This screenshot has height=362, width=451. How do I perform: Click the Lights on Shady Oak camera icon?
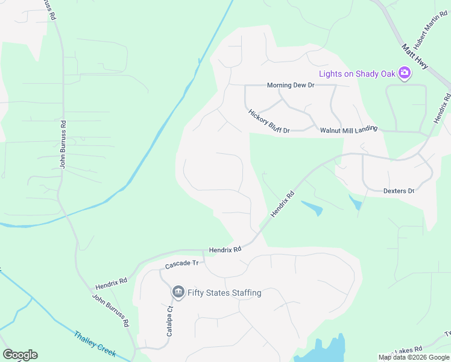[405, 74]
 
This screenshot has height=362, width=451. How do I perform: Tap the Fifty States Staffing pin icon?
[178, 293]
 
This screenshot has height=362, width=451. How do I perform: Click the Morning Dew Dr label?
[291, 86]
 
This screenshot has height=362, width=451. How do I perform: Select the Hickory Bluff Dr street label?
[269, 121]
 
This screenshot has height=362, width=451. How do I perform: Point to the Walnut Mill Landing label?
[348, 129]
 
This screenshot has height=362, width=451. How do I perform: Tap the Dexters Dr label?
[399, 191]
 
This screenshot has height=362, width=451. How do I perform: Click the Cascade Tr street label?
[182, 264]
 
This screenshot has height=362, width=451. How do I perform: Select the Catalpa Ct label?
[170, 321]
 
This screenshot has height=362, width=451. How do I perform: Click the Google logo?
[20, 355]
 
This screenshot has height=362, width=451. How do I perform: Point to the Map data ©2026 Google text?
[414, 357]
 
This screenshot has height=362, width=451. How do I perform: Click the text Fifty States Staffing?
[224, 293]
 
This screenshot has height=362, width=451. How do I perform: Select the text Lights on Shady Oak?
[357, 74]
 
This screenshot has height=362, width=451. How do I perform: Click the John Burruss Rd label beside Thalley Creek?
[110, 310]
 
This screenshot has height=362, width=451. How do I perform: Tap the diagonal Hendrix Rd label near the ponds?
[282, 205]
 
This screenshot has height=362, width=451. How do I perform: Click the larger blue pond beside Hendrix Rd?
[311, 208]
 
